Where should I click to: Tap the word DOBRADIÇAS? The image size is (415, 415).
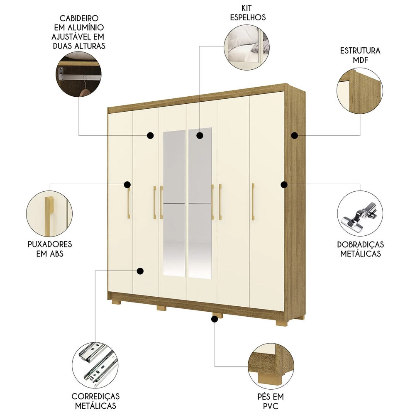360,244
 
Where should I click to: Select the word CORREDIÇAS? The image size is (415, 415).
95,397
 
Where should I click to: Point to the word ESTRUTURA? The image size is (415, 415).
360,51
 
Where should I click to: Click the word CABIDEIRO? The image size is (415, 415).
79,19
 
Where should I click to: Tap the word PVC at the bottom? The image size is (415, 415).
270,406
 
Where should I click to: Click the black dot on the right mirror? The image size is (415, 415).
200,135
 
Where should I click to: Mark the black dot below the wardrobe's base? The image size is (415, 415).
215,319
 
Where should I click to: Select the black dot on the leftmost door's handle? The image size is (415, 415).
127,184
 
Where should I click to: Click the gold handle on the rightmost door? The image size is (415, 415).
252,202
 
